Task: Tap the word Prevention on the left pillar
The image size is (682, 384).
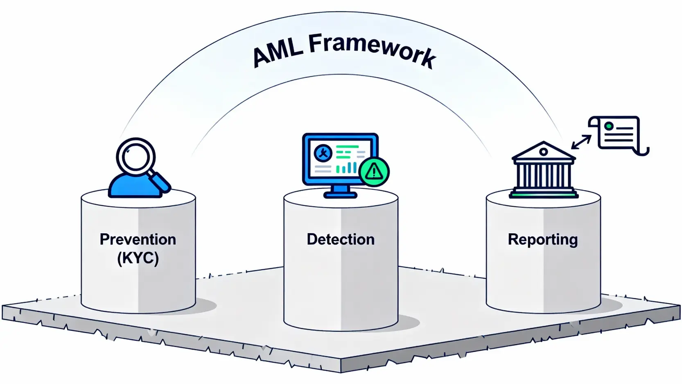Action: pyautogui.click(x=138, y=239)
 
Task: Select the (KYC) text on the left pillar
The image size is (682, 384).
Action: pyautogui.click(x=138, y=259)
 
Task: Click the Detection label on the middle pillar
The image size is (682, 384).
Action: pyautogui.click(x=341, y=239)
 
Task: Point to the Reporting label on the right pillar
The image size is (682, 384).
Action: pyautogui.click(x=543, y=240)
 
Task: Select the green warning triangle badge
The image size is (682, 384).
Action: pyautogui.click(x=374, y=171)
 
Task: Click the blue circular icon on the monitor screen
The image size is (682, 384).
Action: pyautogui.click(x=323, y=154)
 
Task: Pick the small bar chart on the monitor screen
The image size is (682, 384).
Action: pyautogui.click(x=346, y=167)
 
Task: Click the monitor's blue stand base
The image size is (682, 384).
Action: pyautogui.click(x=340, y=195)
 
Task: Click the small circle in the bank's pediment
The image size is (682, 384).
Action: pyautogui.click(x=544, y=152)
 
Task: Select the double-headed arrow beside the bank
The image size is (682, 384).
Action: pyautogui.click(x=581, y=142)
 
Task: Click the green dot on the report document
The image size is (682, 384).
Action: pyautogui.click(x=609, y=126)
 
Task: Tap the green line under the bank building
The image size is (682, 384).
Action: pyautogui.click(x=543, y=195)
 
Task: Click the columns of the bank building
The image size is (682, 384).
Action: pyautogui.click(x=543, y=175)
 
